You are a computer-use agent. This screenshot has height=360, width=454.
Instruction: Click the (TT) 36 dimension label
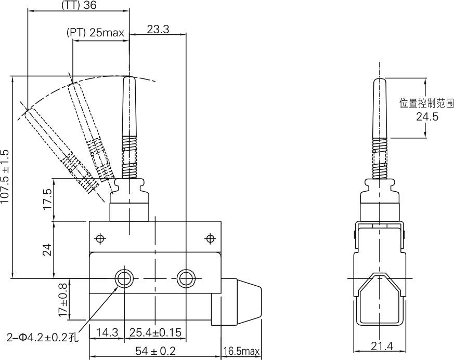[79, 6]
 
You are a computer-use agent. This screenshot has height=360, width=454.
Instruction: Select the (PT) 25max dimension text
[96, 33]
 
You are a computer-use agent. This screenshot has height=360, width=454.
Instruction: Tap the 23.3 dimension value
[158, 30]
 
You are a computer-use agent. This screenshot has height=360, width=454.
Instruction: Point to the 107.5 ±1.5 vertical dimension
[6, 177]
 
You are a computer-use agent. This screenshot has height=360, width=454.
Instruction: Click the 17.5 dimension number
[47, 199]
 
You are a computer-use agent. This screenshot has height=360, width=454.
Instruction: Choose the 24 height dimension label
[47, 250]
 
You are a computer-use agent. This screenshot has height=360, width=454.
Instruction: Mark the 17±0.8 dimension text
[63, 300]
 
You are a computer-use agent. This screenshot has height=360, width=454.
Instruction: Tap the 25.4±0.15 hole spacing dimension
[154, 331]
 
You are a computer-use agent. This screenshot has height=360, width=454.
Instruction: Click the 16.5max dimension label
[241, 352]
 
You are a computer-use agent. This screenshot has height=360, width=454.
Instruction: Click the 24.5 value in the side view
[427, 117]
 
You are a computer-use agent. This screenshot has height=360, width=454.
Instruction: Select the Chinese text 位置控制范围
[426, 103]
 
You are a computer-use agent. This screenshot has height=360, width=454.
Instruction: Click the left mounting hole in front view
[124, 278]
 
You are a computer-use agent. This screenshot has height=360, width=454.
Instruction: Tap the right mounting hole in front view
[185, 278]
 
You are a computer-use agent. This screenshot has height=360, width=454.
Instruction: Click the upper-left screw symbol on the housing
[100, 238]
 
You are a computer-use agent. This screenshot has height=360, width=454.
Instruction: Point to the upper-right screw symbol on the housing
[210, 238]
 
